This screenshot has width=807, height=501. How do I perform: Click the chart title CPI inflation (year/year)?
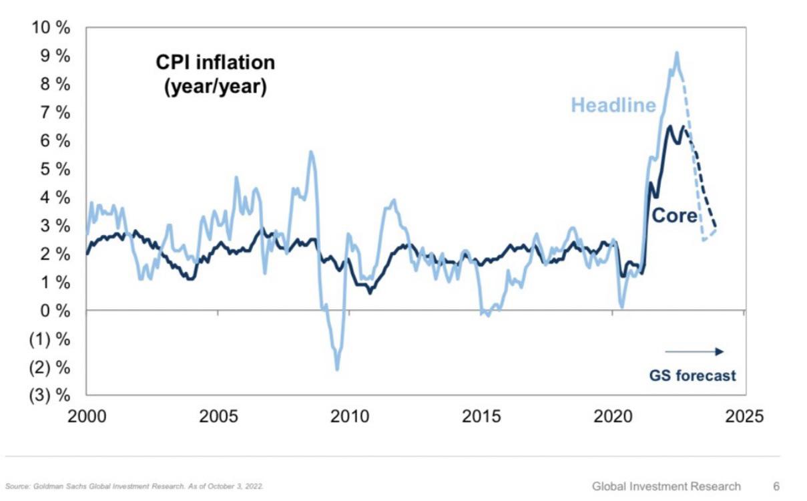(x=216, y=74)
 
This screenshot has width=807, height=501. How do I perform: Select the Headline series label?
(x=613, y=105)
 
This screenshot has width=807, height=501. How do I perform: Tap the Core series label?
(x=674, y=215)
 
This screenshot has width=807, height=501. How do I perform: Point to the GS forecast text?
(x=692, y=375)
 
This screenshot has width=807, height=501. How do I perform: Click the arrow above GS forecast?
(x=694, y=351)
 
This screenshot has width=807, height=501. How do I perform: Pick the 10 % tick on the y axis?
(x=51, y=28)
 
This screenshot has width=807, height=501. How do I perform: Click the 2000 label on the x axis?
(x=87, y=417)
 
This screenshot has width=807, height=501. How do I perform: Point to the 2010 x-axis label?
(x=350, y=417)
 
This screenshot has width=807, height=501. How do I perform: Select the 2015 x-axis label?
(x=481, y=417)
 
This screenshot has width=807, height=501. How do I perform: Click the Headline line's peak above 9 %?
(x=677, y=53)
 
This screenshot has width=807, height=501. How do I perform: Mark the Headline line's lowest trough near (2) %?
(x=337, y=369)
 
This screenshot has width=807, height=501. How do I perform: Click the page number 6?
(x=776, y=486)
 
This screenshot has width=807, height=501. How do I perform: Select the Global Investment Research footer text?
(x=666, y=486)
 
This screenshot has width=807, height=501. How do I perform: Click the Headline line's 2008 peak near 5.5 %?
(x=310, y=152)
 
